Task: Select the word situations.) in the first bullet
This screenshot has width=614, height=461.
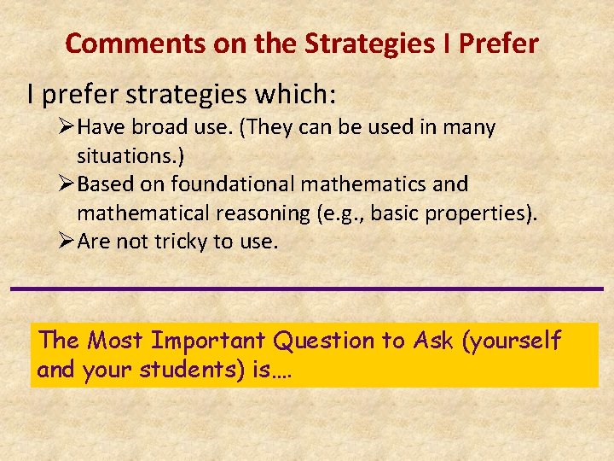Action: tap(131, 156)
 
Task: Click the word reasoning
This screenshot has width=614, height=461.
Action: tap(267, 213)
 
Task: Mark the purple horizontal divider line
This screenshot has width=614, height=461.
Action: tap(307, 289)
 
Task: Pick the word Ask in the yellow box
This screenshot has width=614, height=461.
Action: tap(432, 341)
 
